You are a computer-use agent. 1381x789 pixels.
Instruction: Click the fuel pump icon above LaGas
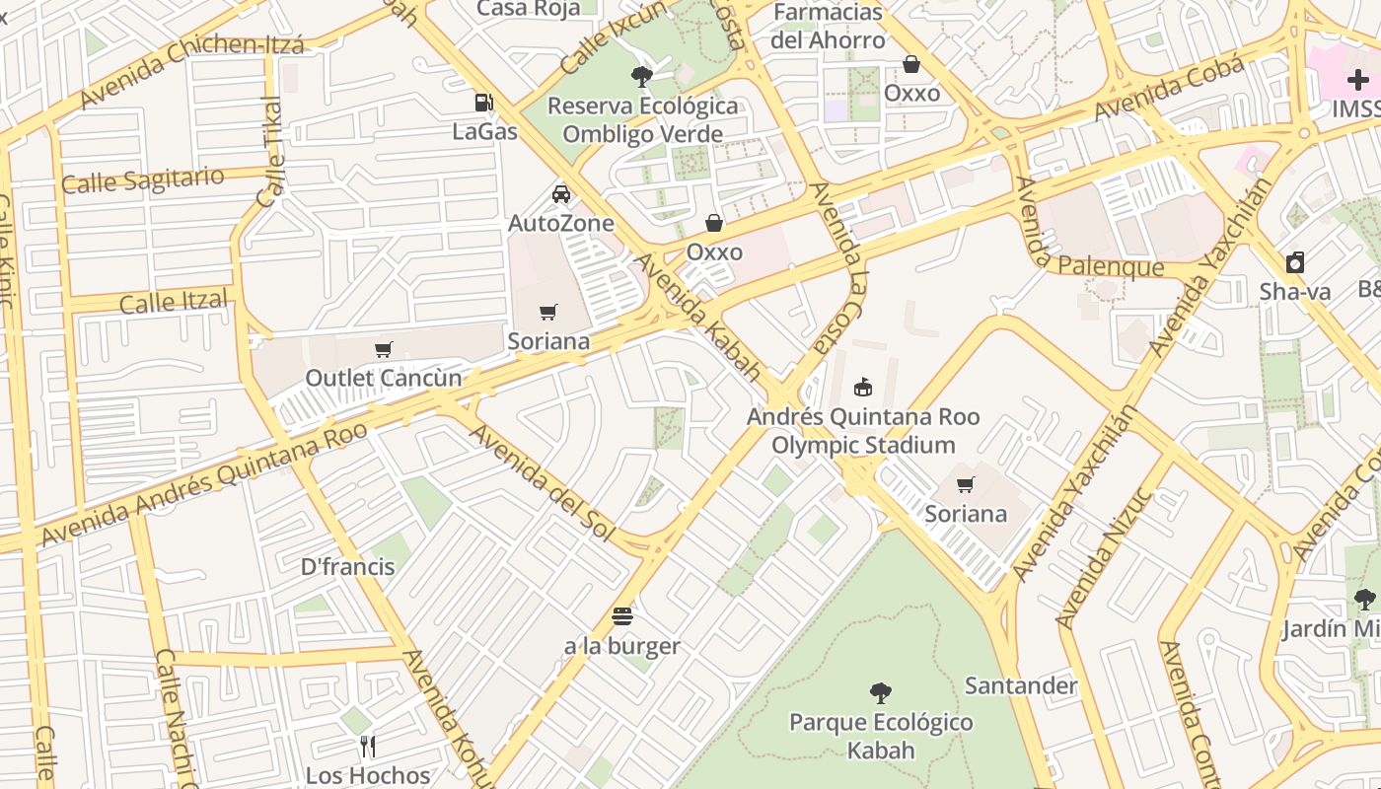(483, 102)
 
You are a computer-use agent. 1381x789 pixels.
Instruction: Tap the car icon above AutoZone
(561, 194)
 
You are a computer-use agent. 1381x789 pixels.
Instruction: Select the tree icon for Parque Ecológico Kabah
(881, 693)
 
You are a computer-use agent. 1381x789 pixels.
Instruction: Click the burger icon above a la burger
(622, 617)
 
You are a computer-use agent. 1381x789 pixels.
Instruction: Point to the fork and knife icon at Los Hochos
(368, 746)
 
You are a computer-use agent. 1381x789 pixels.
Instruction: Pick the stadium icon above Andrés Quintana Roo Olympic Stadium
(863, 387)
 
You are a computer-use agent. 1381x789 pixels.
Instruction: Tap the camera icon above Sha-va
(1295, 262)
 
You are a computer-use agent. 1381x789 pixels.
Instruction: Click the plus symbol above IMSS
(1357, 80)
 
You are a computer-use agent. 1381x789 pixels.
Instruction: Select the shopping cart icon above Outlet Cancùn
(384, 349)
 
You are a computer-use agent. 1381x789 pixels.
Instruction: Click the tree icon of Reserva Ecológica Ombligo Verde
(642, 76)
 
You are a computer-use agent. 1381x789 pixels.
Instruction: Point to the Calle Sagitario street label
(143, 180)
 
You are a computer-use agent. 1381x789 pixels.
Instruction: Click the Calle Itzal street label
(174, 302)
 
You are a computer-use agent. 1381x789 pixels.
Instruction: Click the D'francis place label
(347, 567)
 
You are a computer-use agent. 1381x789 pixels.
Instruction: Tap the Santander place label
(1020, 685)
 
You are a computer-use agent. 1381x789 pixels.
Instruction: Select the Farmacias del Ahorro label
(828, 27)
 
